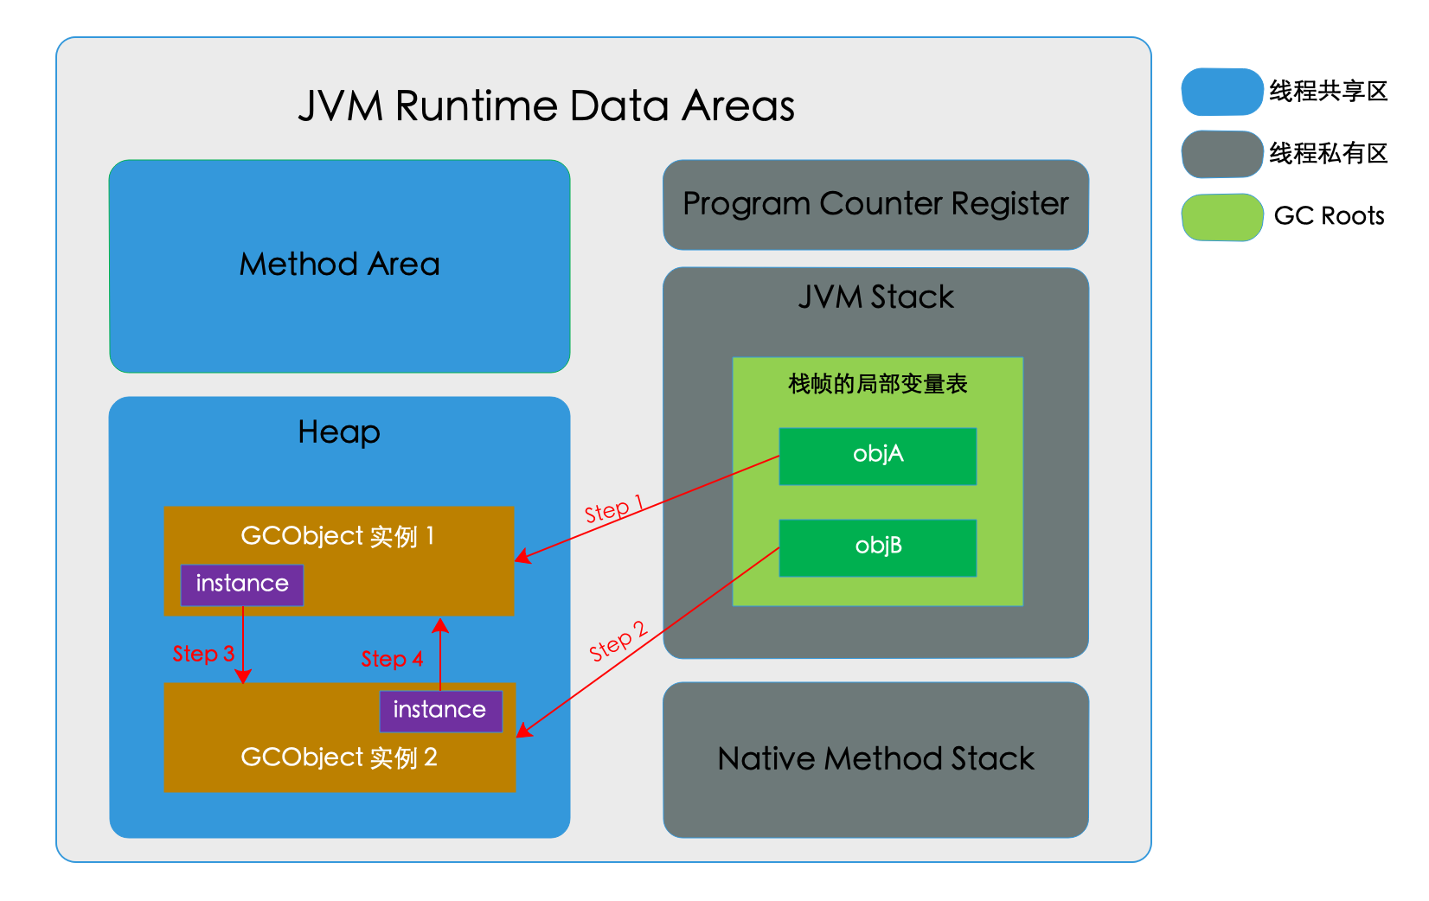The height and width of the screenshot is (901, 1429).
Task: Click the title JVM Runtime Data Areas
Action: [x=546, y=105]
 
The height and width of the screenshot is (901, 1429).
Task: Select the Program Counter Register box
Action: [x=875, y=205]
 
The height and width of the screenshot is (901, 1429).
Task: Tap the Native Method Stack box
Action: [x=875, y=759]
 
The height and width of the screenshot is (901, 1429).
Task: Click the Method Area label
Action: [x=339, y=264]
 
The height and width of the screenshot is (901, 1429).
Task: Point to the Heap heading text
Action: [x=339, y=433]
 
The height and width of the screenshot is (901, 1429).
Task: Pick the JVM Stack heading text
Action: [x=875, y=297]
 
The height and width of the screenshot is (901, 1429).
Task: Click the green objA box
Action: [x=877, y=456]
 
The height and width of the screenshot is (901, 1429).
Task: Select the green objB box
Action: [x=877, y=547]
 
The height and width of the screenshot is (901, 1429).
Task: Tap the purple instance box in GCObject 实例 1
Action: [x=242, y=585]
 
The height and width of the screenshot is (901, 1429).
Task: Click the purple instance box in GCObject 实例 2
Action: [x=440, y=711]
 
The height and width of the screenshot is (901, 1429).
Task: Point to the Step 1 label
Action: [x=613, y=508]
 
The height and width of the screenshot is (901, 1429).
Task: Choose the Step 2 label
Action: [x=618, y=641]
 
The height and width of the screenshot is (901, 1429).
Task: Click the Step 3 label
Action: [x=203, y=654]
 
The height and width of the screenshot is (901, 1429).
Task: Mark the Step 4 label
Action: [x=392, y=659]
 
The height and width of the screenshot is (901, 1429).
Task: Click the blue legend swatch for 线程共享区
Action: [x=1221, y=92]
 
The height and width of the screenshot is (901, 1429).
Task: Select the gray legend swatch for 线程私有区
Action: [x=1221, y=154]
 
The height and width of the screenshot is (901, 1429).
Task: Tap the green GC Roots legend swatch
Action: [x=1221, y=217]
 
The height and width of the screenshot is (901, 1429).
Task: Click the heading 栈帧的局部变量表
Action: [x=877, y=384]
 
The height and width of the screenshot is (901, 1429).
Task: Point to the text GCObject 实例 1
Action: [x=337, y=536]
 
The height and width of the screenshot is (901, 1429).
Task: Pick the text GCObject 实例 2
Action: [x=339, y=757]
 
